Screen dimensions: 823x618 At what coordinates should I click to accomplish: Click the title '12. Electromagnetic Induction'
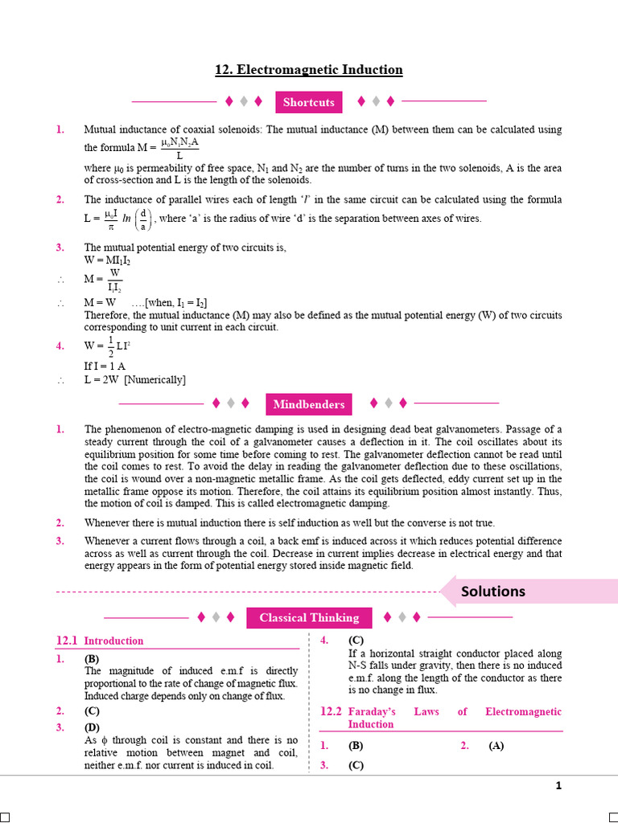tap(308, 70)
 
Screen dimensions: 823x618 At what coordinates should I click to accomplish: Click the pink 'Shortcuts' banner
tap(308, 102)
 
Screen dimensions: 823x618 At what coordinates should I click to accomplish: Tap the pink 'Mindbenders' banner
tap(308, 404)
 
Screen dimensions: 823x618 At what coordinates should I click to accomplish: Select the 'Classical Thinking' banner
tap(309, 617)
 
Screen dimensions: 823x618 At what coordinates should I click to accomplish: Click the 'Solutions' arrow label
tap(493, 592)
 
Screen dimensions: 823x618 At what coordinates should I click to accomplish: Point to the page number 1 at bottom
tap(558, 786)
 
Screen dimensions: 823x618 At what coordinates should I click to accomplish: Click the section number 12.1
tap(66, 641)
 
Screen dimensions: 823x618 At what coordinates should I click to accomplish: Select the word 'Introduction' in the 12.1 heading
tap(113, 641)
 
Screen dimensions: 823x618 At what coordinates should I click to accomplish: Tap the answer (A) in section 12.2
tap(496, 745)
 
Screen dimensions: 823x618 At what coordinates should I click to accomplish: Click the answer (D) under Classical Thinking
tap(92, 727)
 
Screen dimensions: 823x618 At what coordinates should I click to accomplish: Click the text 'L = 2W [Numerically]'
tap(134, 379)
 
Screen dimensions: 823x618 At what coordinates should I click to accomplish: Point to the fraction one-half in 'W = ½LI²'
tap(111, 346)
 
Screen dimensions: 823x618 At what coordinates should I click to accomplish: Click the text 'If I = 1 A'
tap(105, 366)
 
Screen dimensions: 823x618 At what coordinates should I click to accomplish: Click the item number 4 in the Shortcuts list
tap(60, 346)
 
